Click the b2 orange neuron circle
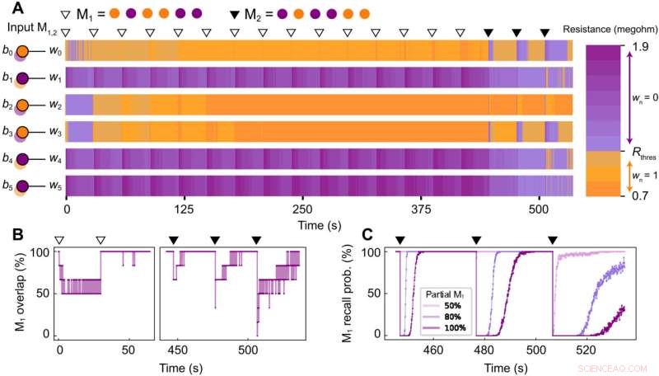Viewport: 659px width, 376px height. tap(23, 105)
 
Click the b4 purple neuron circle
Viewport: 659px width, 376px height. tap(23, 158)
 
